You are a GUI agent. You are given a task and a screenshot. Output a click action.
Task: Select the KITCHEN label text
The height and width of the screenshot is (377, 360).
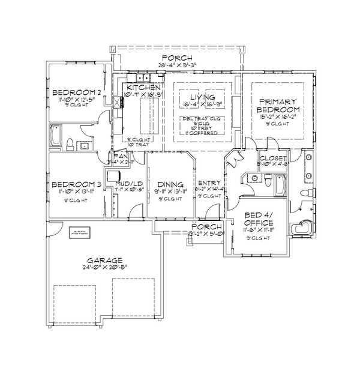coord(143,87)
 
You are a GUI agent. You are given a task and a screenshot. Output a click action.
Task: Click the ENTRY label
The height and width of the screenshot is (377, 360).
coord(210,182)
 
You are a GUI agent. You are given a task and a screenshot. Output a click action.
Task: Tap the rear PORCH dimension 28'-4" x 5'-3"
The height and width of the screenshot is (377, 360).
coord(181,64)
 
